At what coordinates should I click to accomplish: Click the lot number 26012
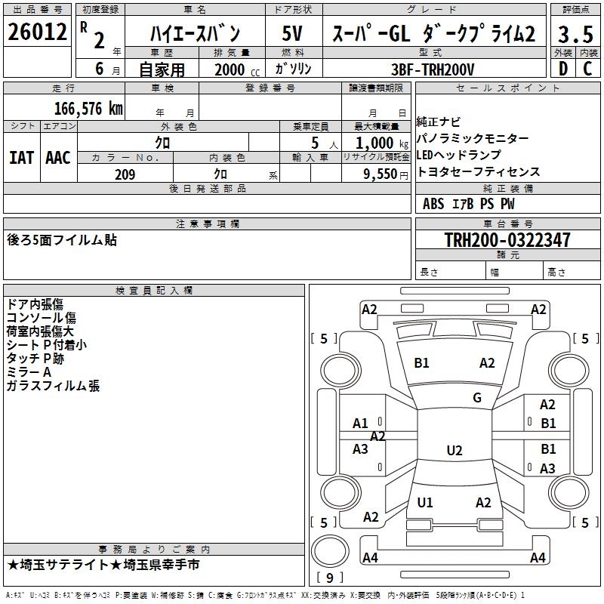pyautogui.click(x=36, y=32)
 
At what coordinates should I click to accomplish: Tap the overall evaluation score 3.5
pyautogui.click(x=575, y=35)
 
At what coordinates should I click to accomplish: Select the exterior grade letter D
pyautogui.click(x=562, y=68)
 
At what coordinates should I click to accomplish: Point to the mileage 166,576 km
pyautogui.click(x=88, y=108)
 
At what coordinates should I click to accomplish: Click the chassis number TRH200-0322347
pyautogui.click(x=507, y=240)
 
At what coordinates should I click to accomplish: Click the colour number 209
pyautogui.click(x=125, y=174)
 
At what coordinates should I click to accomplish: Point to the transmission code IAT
pyautogui.click(x=21, y=158)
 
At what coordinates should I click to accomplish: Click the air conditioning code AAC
pyautogui.click(x=57, y=158)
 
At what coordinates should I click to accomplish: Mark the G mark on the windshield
pyautogui.click(x=477, y=398)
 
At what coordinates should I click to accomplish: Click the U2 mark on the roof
pyautogui.click(x=454, y=451)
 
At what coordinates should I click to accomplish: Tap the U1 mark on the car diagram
pyautogui.click(x=425, y=502)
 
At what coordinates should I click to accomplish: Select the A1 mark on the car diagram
pyautogui.click(x=361, y=424)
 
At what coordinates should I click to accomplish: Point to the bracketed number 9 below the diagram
pyautogui.click(x=329, y=578)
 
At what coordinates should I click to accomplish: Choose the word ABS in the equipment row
pyautogui.click(x=433, y=204)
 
